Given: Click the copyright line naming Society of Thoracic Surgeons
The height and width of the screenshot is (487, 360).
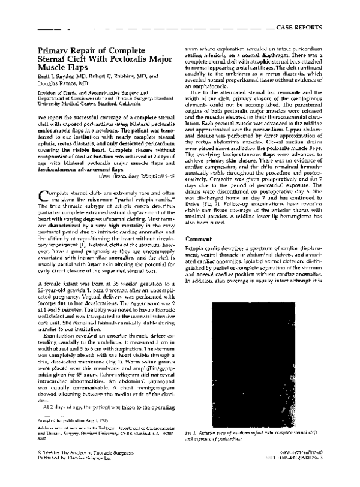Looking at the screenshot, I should [x=83, y=467].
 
